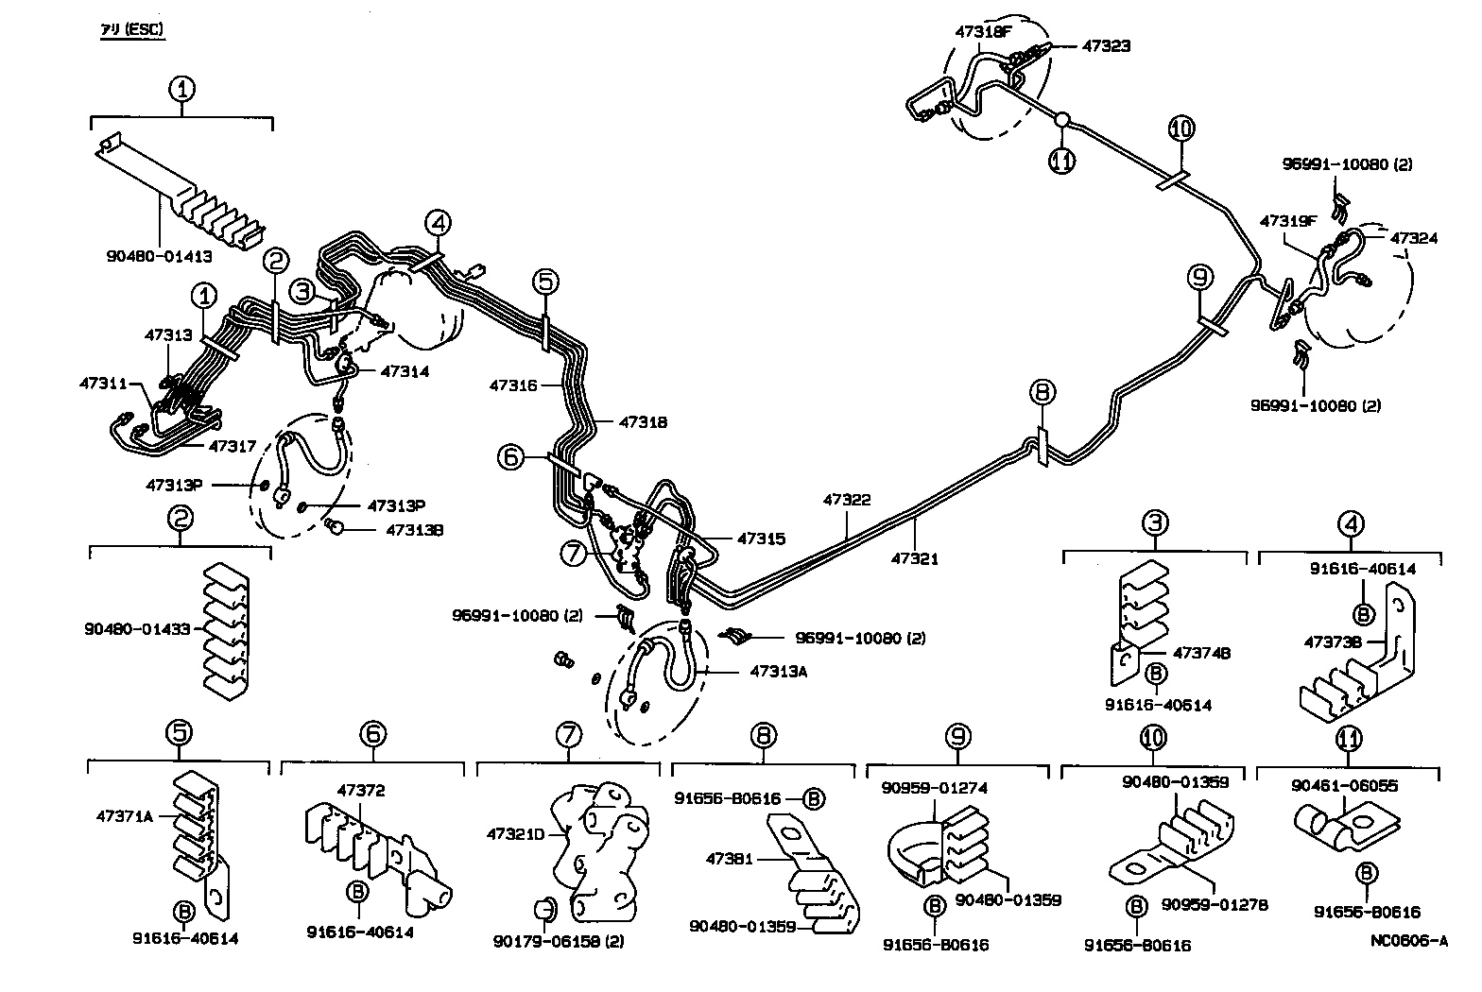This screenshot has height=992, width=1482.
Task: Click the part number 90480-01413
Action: click(x=159, y=255)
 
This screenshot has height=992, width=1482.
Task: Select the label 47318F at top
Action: click(x=983, y=30)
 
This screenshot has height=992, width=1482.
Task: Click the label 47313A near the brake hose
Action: click(x=783, y=672)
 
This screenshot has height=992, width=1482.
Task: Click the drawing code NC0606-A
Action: click(x=1409, y=940)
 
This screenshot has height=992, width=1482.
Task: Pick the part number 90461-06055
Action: click(x=1331, y=785)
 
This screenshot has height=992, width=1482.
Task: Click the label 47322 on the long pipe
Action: click(x=847, y=500)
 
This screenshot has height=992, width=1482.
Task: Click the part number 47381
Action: click(x=730, y=859)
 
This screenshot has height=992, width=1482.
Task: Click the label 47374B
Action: click(x=1201, y=653)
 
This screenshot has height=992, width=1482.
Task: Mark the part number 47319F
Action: click(x=1288, y=221)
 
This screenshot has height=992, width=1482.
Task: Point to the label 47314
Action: click(x=405, y=371)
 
